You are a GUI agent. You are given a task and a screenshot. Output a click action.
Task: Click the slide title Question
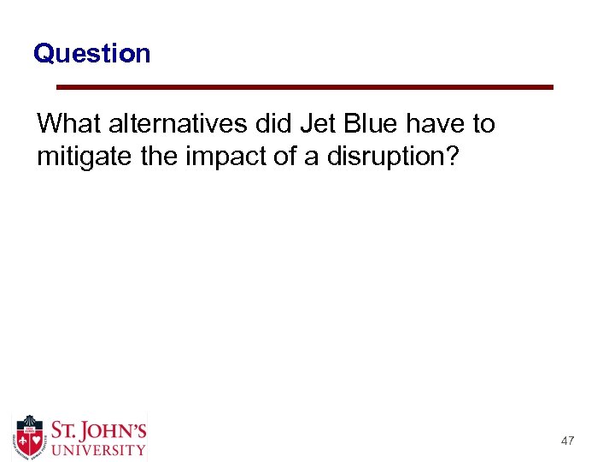[91, 54]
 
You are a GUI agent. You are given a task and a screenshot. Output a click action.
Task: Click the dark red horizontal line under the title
[304, 87]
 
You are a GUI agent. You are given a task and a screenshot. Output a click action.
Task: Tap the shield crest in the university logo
[30, 437]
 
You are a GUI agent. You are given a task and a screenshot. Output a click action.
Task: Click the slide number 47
[567, 441]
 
